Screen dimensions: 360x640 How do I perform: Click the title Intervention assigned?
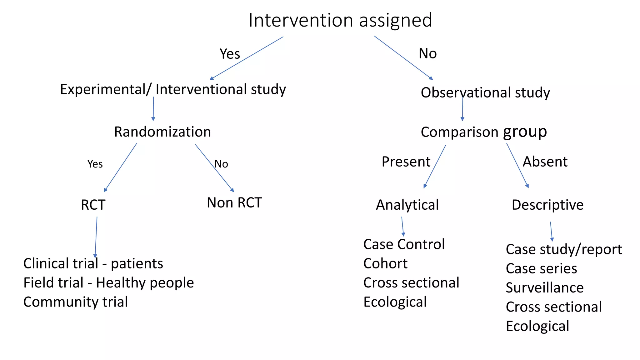340,20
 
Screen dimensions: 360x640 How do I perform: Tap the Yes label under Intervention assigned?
230,54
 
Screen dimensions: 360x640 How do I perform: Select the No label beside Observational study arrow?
427,53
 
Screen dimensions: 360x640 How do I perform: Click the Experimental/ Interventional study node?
173,89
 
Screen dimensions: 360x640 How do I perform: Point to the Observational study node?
485,92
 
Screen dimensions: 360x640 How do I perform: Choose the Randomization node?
162,132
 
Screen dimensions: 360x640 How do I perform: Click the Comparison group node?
484,132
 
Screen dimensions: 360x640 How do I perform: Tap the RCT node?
93,205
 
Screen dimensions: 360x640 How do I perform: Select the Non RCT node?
234,203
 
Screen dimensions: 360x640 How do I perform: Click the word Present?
406,162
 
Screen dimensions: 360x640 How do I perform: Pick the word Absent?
545,162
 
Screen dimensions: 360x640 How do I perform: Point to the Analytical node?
407,205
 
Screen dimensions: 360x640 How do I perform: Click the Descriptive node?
547,205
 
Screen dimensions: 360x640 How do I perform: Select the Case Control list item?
404,244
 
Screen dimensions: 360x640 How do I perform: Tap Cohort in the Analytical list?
385,264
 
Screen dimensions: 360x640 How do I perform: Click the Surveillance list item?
544,288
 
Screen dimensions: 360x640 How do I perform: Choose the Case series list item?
541,269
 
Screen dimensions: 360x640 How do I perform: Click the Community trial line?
76,302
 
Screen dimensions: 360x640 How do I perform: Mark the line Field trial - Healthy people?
108,283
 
